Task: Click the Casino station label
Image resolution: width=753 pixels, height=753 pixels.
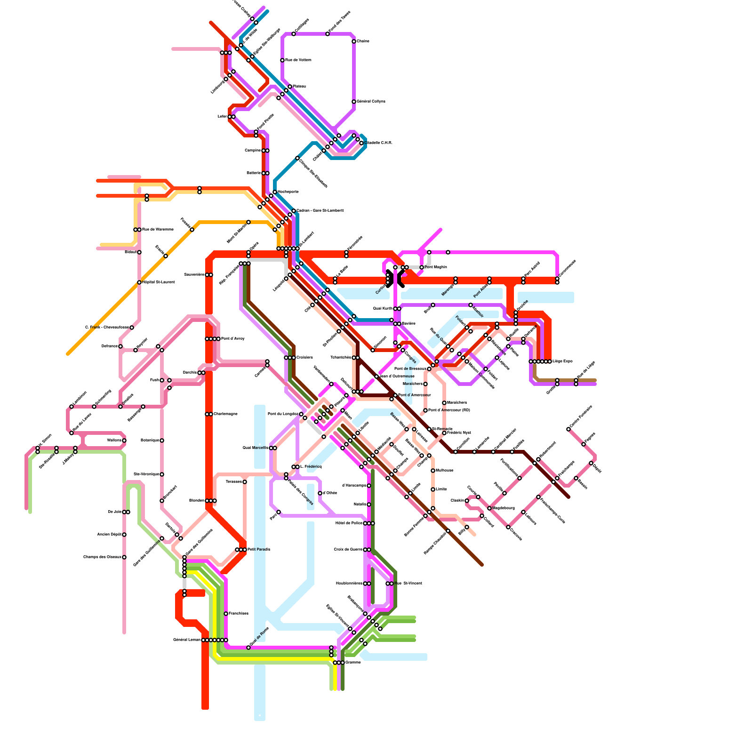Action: [x=363, y=41]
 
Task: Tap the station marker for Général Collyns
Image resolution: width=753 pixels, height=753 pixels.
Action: [x=354, y=102]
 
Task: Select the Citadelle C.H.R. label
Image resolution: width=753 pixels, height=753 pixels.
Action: [x=379, y=143]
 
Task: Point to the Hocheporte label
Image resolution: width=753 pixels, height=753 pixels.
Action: [x=288, y=192]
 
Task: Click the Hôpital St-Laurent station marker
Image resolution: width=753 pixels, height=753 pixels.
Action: [x=139, y=282]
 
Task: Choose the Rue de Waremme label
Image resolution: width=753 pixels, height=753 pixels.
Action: [x=158, y=230]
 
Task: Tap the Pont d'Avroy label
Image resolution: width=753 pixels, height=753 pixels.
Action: [x=233, y=339]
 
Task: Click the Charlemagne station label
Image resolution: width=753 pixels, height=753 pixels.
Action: [x=225, y=414]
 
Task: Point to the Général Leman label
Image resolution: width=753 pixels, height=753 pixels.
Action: [x=187, y=640]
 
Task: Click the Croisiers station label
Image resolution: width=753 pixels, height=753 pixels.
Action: [x=304, y=358]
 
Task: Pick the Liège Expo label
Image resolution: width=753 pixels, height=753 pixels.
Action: [x=562, y=361]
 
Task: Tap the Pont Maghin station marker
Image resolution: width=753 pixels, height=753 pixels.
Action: [x=422, y=267]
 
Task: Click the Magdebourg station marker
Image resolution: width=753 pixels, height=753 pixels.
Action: [x=489, y=508]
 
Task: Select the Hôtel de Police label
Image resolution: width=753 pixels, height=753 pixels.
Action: [x=349, y=523]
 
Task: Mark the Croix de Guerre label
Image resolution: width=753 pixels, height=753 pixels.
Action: [x=348, y=550]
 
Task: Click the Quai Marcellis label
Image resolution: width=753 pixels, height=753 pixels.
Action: [x=256, y=448]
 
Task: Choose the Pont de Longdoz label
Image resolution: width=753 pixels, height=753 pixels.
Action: [x=283, y=414]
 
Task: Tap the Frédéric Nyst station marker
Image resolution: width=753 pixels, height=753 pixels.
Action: [x=444, y=433]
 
